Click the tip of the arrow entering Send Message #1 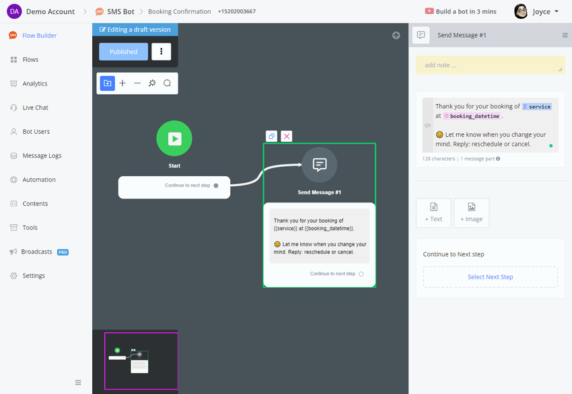301,165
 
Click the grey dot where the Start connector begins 216,186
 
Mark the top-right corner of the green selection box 376,144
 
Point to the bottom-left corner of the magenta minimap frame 105,389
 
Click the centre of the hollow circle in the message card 361,274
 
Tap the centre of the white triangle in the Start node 176,139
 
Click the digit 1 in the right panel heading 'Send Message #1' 485,36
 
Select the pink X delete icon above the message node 287,136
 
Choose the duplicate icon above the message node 271,136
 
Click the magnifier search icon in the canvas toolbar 167,83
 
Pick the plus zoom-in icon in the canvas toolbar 122,83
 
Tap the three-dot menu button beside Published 162,51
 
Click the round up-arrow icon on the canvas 396,36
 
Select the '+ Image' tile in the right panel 472,213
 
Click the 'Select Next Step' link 491,277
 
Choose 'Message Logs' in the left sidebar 42,155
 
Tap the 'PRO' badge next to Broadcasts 63,252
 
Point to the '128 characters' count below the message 439,159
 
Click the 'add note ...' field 491,65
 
